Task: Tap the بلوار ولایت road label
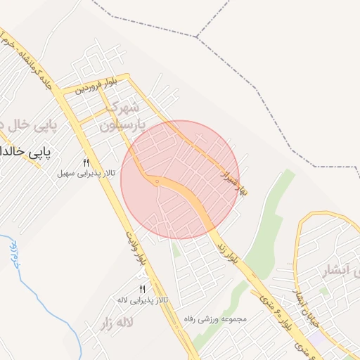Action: [137, 247]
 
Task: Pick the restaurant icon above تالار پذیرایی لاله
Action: [143, 289]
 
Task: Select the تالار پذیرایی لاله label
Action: [142, 300]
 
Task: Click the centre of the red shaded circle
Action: [180, 180]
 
